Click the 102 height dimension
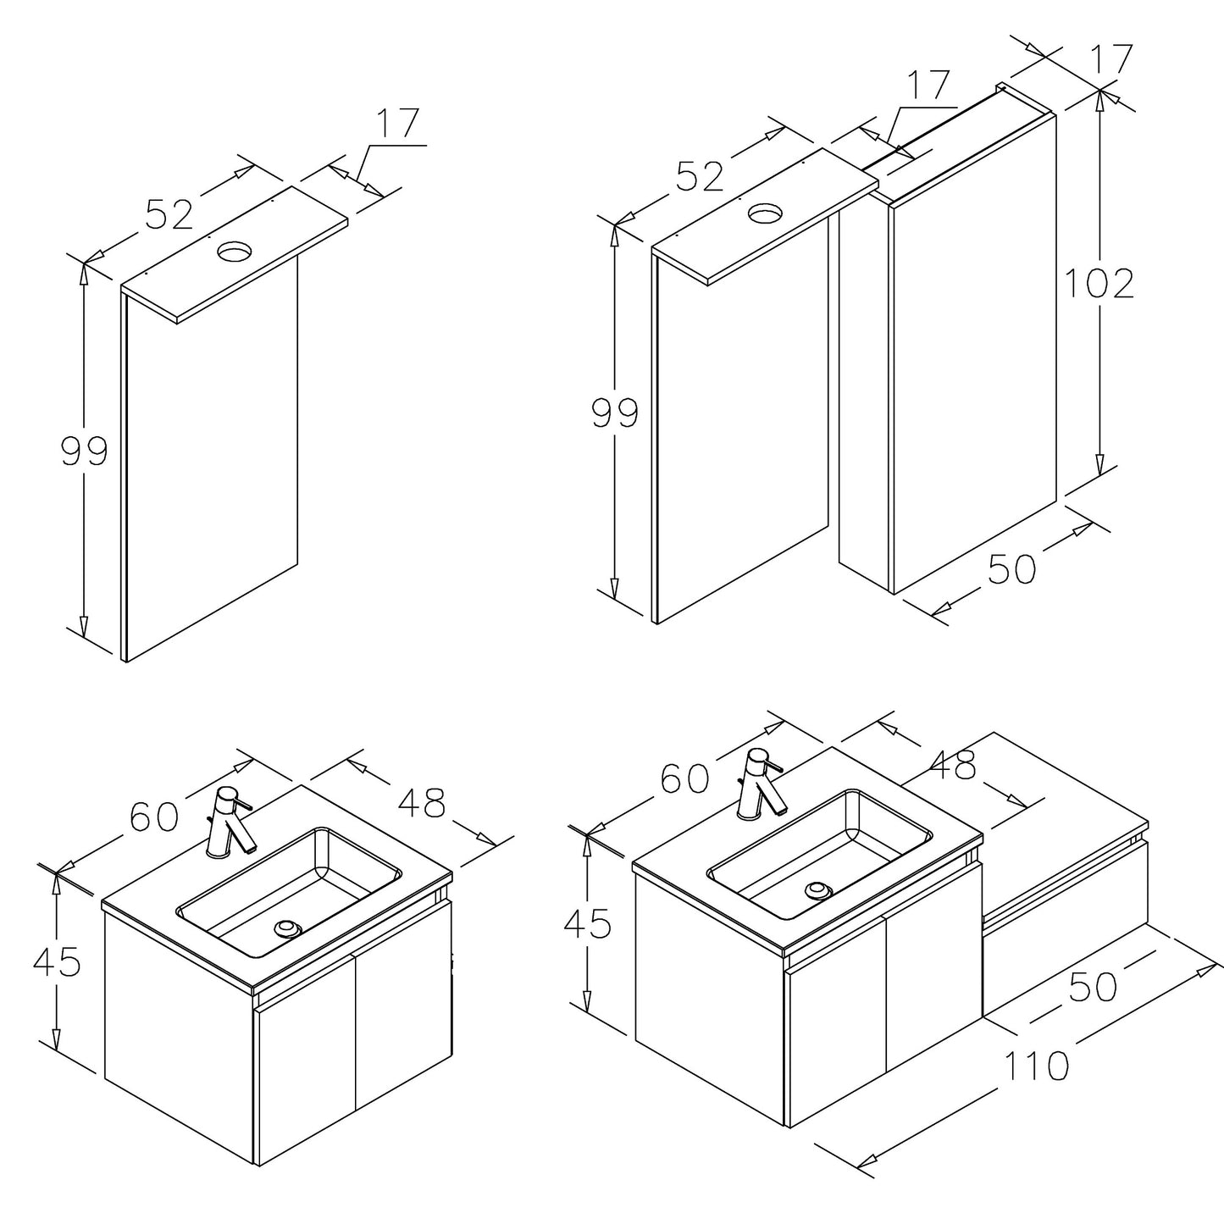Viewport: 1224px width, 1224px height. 1099,283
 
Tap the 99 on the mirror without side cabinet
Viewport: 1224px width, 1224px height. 85,451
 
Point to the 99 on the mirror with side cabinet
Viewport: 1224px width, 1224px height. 615,414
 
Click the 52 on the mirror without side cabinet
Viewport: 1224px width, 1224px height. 170,213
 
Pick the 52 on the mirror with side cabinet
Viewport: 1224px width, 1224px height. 701,175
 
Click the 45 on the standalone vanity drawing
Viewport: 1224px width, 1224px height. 57,961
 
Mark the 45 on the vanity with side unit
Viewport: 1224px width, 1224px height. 587,924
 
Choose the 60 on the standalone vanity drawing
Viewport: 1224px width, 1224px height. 154,817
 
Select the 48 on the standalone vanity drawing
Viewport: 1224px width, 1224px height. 421,803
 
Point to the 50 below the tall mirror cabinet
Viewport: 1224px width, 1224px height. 1011,569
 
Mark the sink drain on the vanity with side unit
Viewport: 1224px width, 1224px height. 818,890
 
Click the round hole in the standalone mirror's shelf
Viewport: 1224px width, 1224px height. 235,250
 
